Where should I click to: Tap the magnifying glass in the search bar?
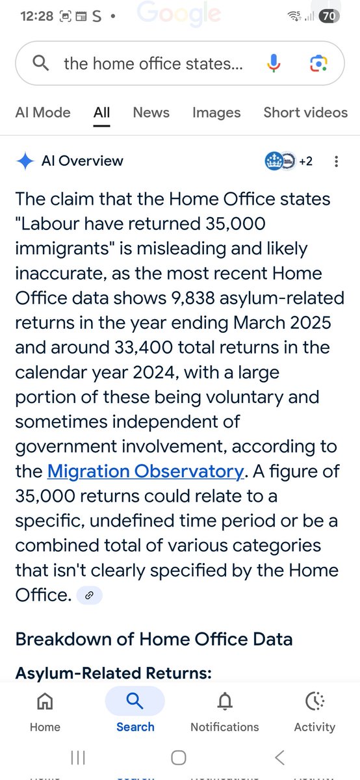click(40, 63)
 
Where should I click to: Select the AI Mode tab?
click(43, 112)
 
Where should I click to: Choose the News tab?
click(151, 112)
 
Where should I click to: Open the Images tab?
click(216, 112)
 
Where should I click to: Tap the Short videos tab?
click(305, 112)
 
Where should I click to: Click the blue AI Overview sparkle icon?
click(25, 161)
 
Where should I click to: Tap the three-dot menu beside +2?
click(336, 161)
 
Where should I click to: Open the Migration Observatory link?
click(146, 471)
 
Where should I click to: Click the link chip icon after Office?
click(89, 594)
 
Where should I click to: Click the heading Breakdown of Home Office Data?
click(154, 639)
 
